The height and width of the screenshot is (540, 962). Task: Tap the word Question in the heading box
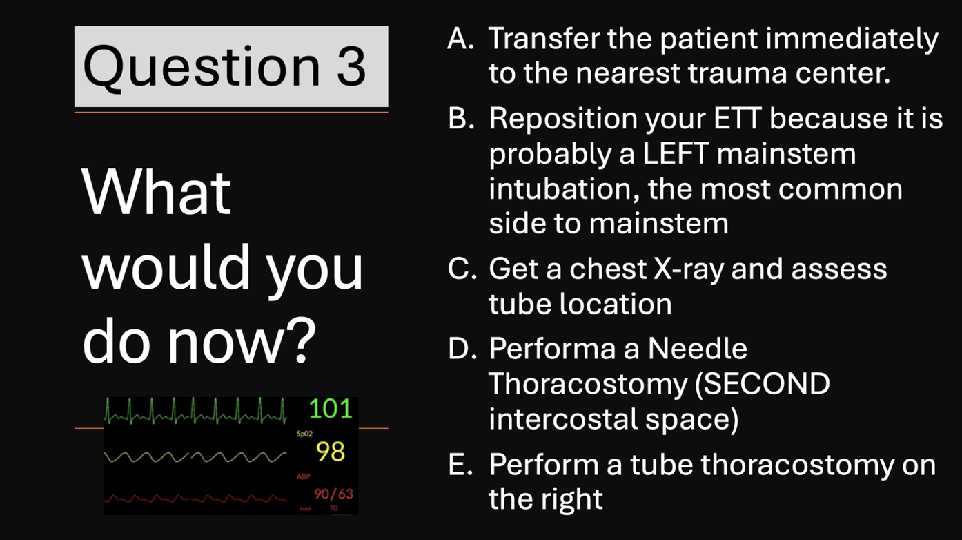click(x=202, y=68)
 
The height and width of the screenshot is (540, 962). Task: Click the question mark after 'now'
click(x=300, y=340)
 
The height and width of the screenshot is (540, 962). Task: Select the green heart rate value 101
click(x=331, y=408)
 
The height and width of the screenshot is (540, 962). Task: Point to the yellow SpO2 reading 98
click(x=331, y=452)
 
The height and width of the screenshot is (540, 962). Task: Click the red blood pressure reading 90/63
click(x=333, y=494)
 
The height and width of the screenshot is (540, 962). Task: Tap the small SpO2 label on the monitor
click(x=304, y=434)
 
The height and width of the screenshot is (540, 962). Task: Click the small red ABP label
click(x=303, y=476)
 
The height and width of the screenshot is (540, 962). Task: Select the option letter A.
click(x=460, y=39)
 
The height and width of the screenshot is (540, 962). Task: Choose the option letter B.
click(x=461, y=117)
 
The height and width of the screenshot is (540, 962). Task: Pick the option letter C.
click(x=462, y=269)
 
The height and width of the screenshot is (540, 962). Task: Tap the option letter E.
click(x=460, y=465)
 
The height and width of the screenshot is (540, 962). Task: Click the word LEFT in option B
click(x=676, y=153)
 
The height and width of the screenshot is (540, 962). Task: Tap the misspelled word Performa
click(x=552, y=348)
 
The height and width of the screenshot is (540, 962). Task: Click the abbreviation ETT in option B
click(x=738, y=117)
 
